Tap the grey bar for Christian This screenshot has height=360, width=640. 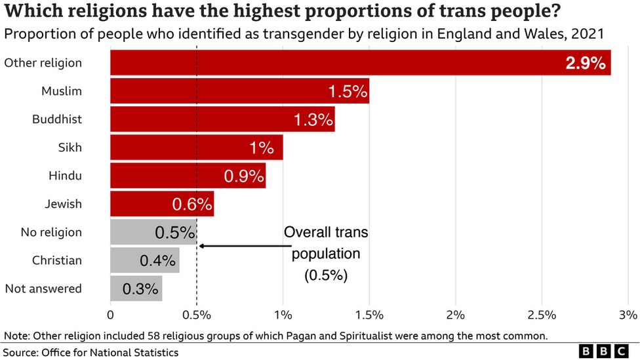(x=144, y=260)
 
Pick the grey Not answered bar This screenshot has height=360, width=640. (x=136, y=289)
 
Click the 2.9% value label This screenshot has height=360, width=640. (x=585, y=64)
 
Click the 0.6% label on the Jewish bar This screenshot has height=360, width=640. (x=191, y=205)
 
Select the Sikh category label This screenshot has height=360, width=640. (x=70, y=148)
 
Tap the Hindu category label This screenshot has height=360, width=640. (x=65, y=176)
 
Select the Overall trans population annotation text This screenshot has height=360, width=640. (x=325, y=254)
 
